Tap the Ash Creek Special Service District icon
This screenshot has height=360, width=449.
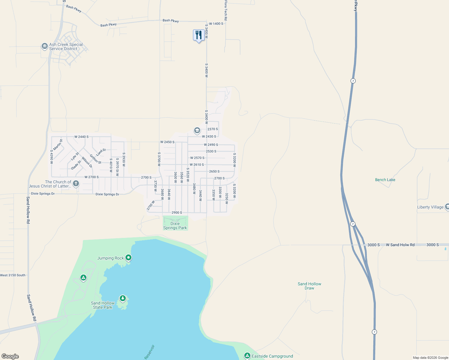(44, 46)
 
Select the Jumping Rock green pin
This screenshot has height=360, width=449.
(128, 258)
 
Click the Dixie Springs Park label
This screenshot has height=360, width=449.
(175, 226)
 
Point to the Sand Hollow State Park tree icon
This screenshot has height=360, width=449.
(122, 298)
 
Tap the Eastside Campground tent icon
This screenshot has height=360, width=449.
(247, 356)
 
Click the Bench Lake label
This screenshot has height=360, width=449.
(385, 180)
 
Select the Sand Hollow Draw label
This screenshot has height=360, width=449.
(309, 286)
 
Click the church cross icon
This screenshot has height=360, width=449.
(76, 183)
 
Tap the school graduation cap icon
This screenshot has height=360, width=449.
(197, 130)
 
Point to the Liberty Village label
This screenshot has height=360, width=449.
(430, 207)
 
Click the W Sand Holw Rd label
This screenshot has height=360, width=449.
(400, 245)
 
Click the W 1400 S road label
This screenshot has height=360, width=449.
(216, 23)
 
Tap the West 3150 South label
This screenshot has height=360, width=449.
(13, 275)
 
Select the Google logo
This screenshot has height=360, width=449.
(10, 356)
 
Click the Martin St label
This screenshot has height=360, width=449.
(58, 145)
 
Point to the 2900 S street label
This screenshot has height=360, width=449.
(177, 212)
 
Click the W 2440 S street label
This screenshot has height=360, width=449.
(82, 137)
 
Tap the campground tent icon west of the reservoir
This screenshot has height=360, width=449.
(83, 278)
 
